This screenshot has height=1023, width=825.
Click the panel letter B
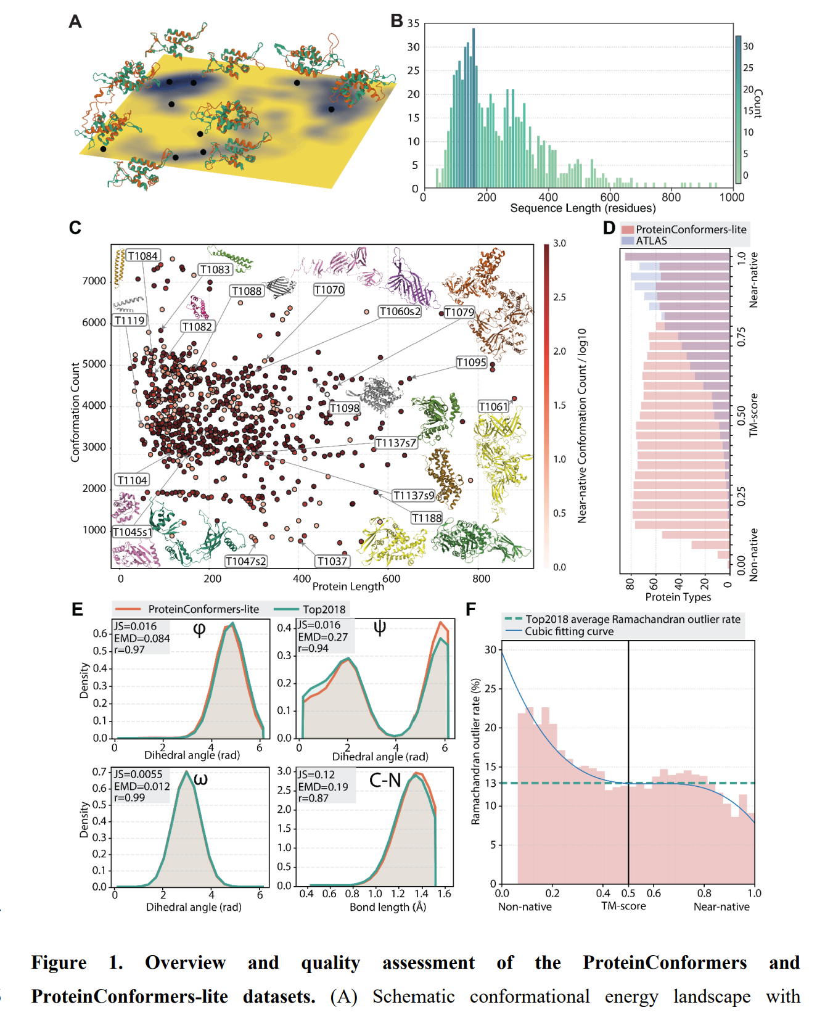397,21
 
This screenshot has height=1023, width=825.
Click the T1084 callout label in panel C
143,256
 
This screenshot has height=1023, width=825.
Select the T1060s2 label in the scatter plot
400,311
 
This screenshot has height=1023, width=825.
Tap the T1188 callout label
427,518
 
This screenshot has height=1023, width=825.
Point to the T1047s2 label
245,561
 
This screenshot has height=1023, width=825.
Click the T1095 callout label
472,363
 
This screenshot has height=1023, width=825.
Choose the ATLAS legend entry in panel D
651,240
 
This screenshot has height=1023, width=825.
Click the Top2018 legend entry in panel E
324,609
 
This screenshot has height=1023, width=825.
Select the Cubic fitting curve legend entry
568,631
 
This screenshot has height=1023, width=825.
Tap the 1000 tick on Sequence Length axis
732,197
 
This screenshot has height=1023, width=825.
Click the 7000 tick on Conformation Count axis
94,281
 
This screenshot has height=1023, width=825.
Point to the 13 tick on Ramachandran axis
491,783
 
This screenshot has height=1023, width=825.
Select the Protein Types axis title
678,597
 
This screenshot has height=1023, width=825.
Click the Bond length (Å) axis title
388,907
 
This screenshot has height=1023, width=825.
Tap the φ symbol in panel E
199,630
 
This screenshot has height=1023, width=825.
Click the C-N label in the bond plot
385,781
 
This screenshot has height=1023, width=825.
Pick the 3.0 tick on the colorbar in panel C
559,244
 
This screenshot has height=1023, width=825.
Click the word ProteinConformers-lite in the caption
129,996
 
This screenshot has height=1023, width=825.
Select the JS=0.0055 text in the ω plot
138,774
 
